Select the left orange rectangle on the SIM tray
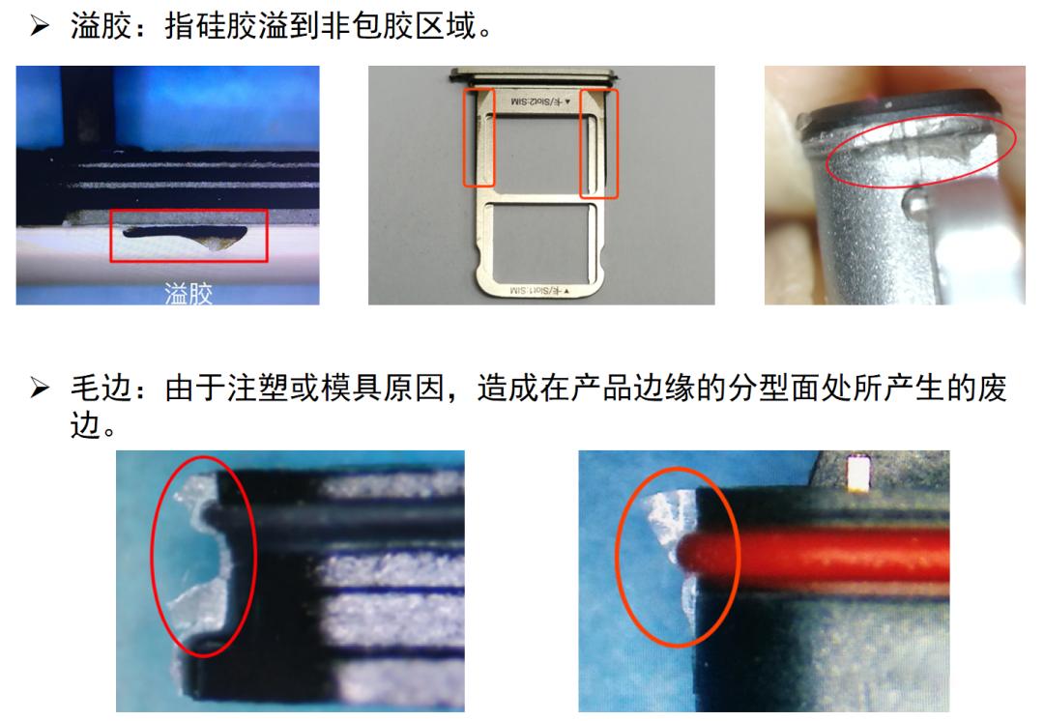coord(479,137)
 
